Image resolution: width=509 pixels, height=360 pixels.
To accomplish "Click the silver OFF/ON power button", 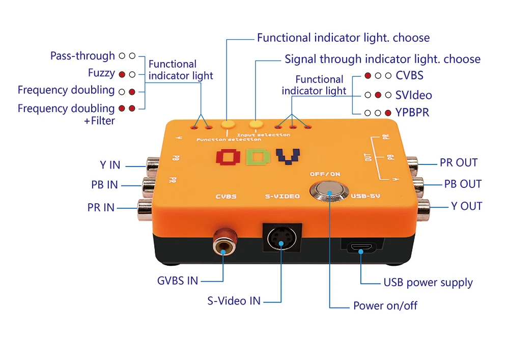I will click(329, 192).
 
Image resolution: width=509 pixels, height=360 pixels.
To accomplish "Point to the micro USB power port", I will click(360, 248).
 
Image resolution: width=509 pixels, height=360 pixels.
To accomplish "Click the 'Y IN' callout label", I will click(110, 165).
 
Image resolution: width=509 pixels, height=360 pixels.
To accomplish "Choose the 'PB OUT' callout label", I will click(463, 184).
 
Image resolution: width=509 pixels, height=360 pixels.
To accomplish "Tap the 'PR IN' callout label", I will click(101, 207).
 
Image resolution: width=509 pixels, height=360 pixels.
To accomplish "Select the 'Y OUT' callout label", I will click(466, 206).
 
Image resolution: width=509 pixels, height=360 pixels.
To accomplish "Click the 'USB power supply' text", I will click(428, 283).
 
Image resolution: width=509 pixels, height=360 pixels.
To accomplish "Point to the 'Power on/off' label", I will click(385, 306).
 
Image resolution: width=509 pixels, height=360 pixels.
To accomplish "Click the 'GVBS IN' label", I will click(178, 280).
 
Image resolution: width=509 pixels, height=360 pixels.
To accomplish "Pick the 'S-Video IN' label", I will click(234, 300).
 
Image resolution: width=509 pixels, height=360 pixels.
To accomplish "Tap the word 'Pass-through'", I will click(82, 56).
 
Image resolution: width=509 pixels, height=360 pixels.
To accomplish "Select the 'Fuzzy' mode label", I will click(101, 73).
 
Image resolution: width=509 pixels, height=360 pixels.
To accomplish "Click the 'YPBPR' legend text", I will click(412, 112).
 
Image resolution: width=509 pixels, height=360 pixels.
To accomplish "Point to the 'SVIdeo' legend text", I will click(413, 95).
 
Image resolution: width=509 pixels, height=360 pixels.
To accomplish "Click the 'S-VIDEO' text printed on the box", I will click(282, 196).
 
